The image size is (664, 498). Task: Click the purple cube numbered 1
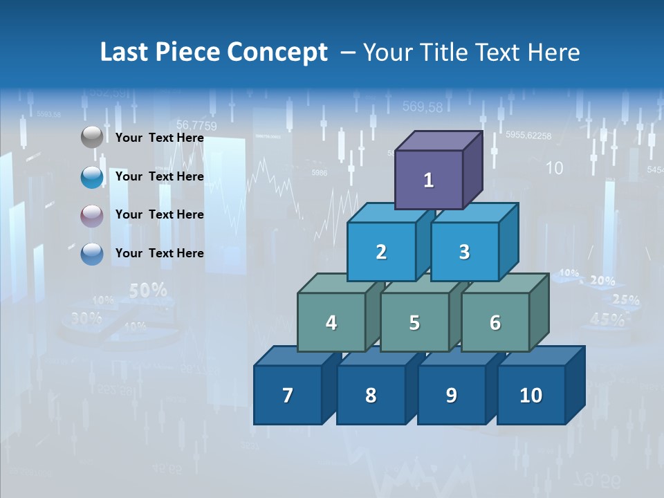click(429, 180)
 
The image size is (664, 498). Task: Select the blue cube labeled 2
click(381, 252)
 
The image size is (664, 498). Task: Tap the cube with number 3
click(464, 252)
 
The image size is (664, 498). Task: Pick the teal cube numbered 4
click(331, 322)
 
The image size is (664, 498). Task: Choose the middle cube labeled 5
click(414, 322)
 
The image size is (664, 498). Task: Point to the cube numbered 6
click(495, 322)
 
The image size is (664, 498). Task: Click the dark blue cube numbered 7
click(288, 395)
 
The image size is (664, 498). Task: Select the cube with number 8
click(371, 395)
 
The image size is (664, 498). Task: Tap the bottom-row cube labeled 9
click(451, 395)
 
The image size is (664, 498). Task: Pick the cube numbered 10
click(531, 395)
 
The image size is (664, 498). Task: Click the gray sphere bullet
click(92, 138)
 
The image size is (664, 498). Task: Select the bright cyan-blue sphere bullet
click(92, 177)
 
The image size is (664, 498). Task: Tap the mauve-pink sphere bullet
click(92, 216)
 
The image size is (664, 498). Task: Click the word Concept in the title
click(277, 53)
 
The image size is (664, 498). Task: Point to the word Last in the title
click(124, 53)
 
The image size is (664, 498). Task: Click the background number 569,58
click(423, 107)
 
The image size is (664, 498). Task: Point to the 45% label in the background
click(607, 319)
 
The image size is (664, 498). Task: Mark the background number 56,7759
click(196, 125)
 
